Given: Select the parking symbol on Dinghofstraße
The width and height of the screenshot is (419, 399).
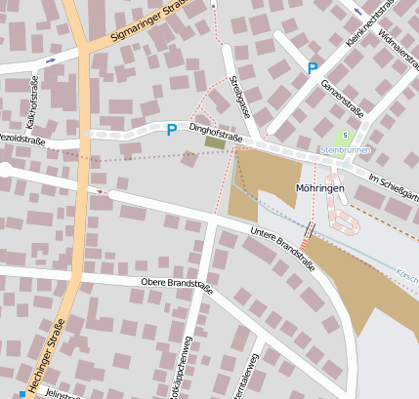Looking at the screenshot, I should [x=172, y=129].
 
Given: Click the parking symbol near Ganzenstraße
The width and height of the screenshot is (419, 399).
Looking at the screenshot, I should [x=313, y=68].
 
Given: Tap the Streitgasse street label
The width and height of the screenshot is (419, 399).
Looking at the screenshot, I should [x=238, y=99].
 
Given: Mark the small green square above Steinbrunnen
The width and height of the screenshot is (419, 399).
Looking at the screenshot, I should [x=344, y=136].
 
